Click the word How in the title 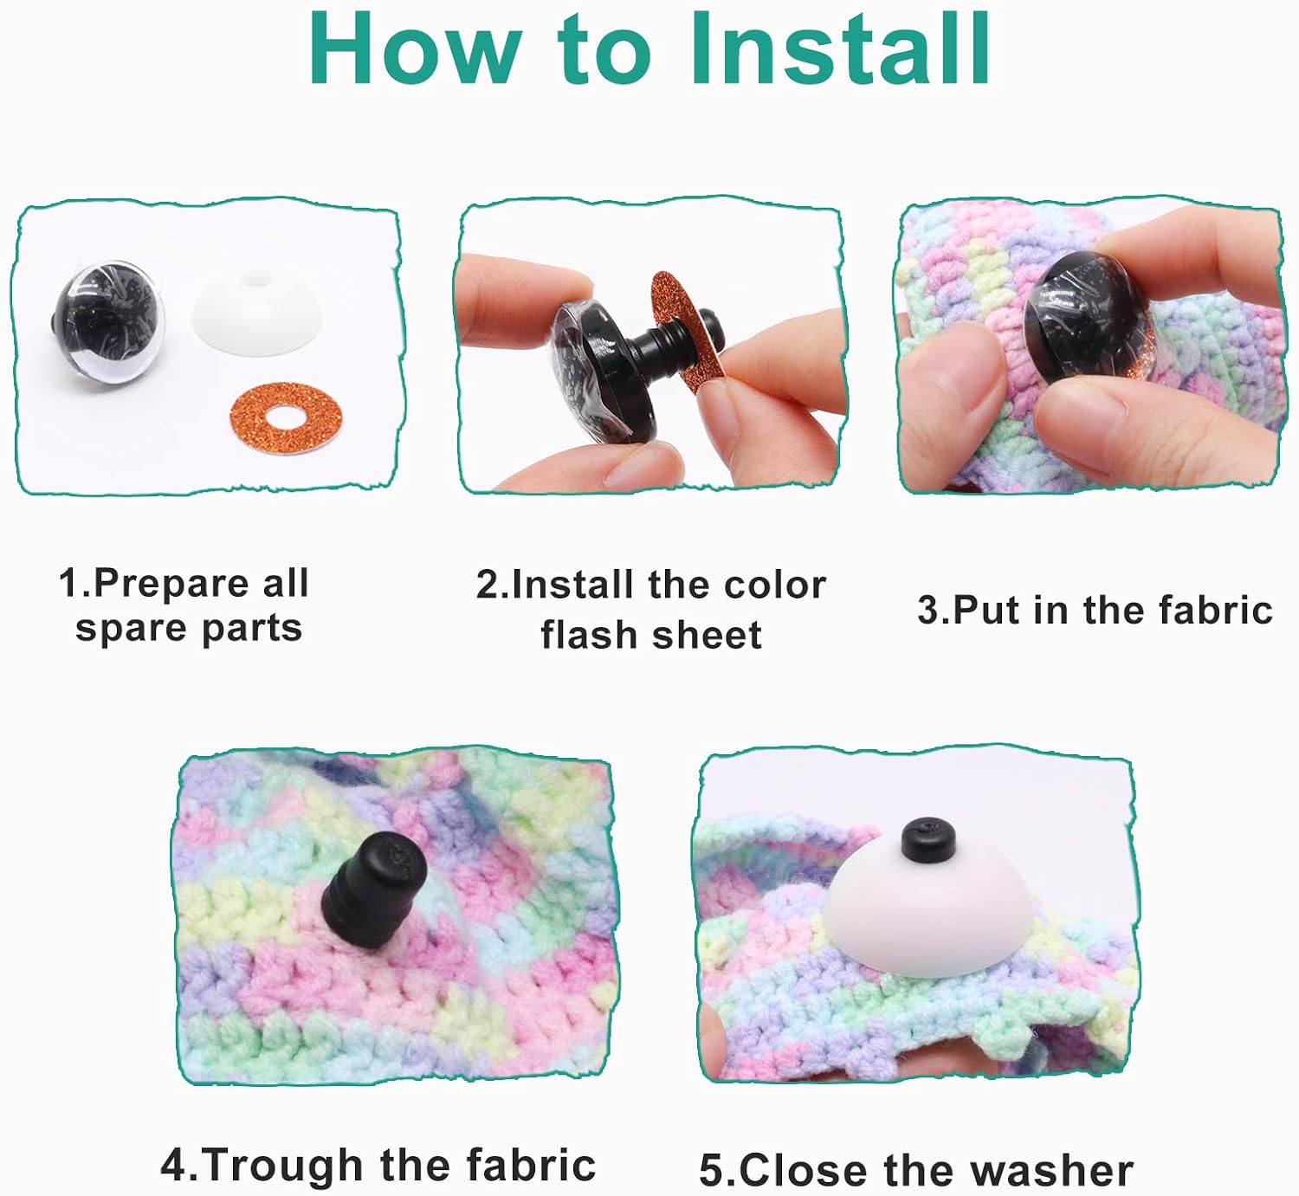(x=417, y=49)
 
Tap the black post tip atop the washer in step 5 (x=929, y=840)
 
